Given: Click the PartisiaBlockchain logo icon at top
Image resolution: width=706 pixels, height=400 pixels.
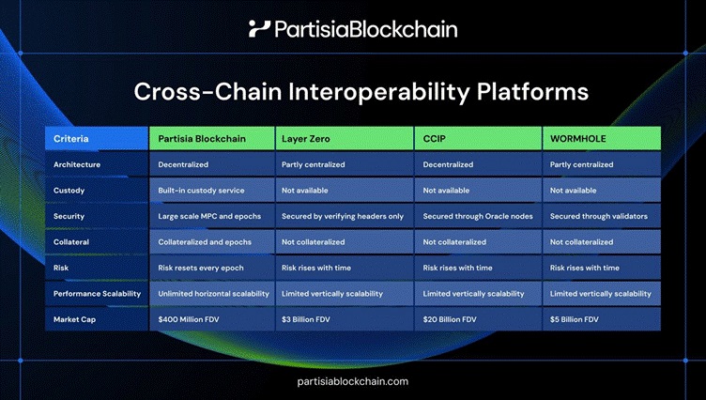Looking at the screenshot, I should (x=259, y=28).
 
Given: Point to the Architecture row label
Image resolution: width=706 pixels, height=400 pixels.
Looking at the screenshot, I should (x=77, y=164).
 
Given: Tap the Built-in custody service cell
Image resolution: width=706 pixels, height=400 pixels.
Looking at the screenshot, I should (x=203, y=191).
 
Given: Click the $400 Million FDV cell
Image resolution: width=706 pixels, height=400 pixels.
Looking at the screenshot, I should (x=192, y=319).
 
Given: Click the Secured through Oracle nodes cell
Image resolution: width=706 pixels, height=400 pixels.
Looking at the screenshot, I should (x=478, y=216).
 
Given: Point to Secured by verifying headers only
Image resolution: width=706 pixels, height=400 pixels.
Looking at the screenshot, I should (x=342, y=216).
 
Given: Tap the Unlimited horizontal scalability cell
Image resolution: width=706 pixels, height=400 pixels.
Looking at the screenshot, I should (x=212, y=294).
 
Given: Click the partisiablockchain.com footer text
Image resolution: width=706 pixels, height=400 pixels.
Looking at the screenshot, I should (x=352, y=381).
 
